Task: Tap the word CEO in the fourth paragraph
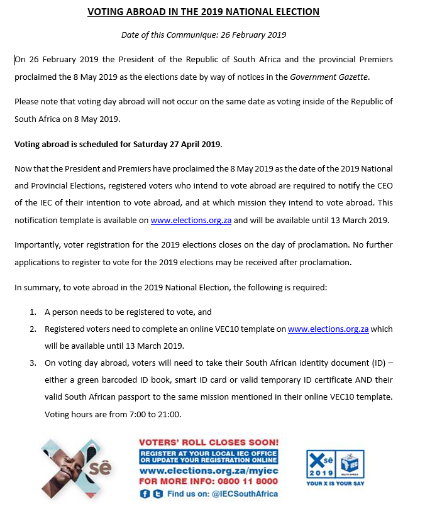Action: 382,185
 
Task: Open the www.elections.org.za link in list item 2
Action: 328,329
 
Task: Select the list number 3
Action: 32,363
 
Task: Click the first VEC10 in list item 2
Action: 216,329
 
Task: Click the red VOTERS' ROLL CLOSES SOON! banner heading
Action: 207,442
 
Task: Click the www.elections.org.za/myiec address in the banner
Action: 207,470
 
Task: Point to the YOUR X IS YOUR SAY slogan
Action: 335,484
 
